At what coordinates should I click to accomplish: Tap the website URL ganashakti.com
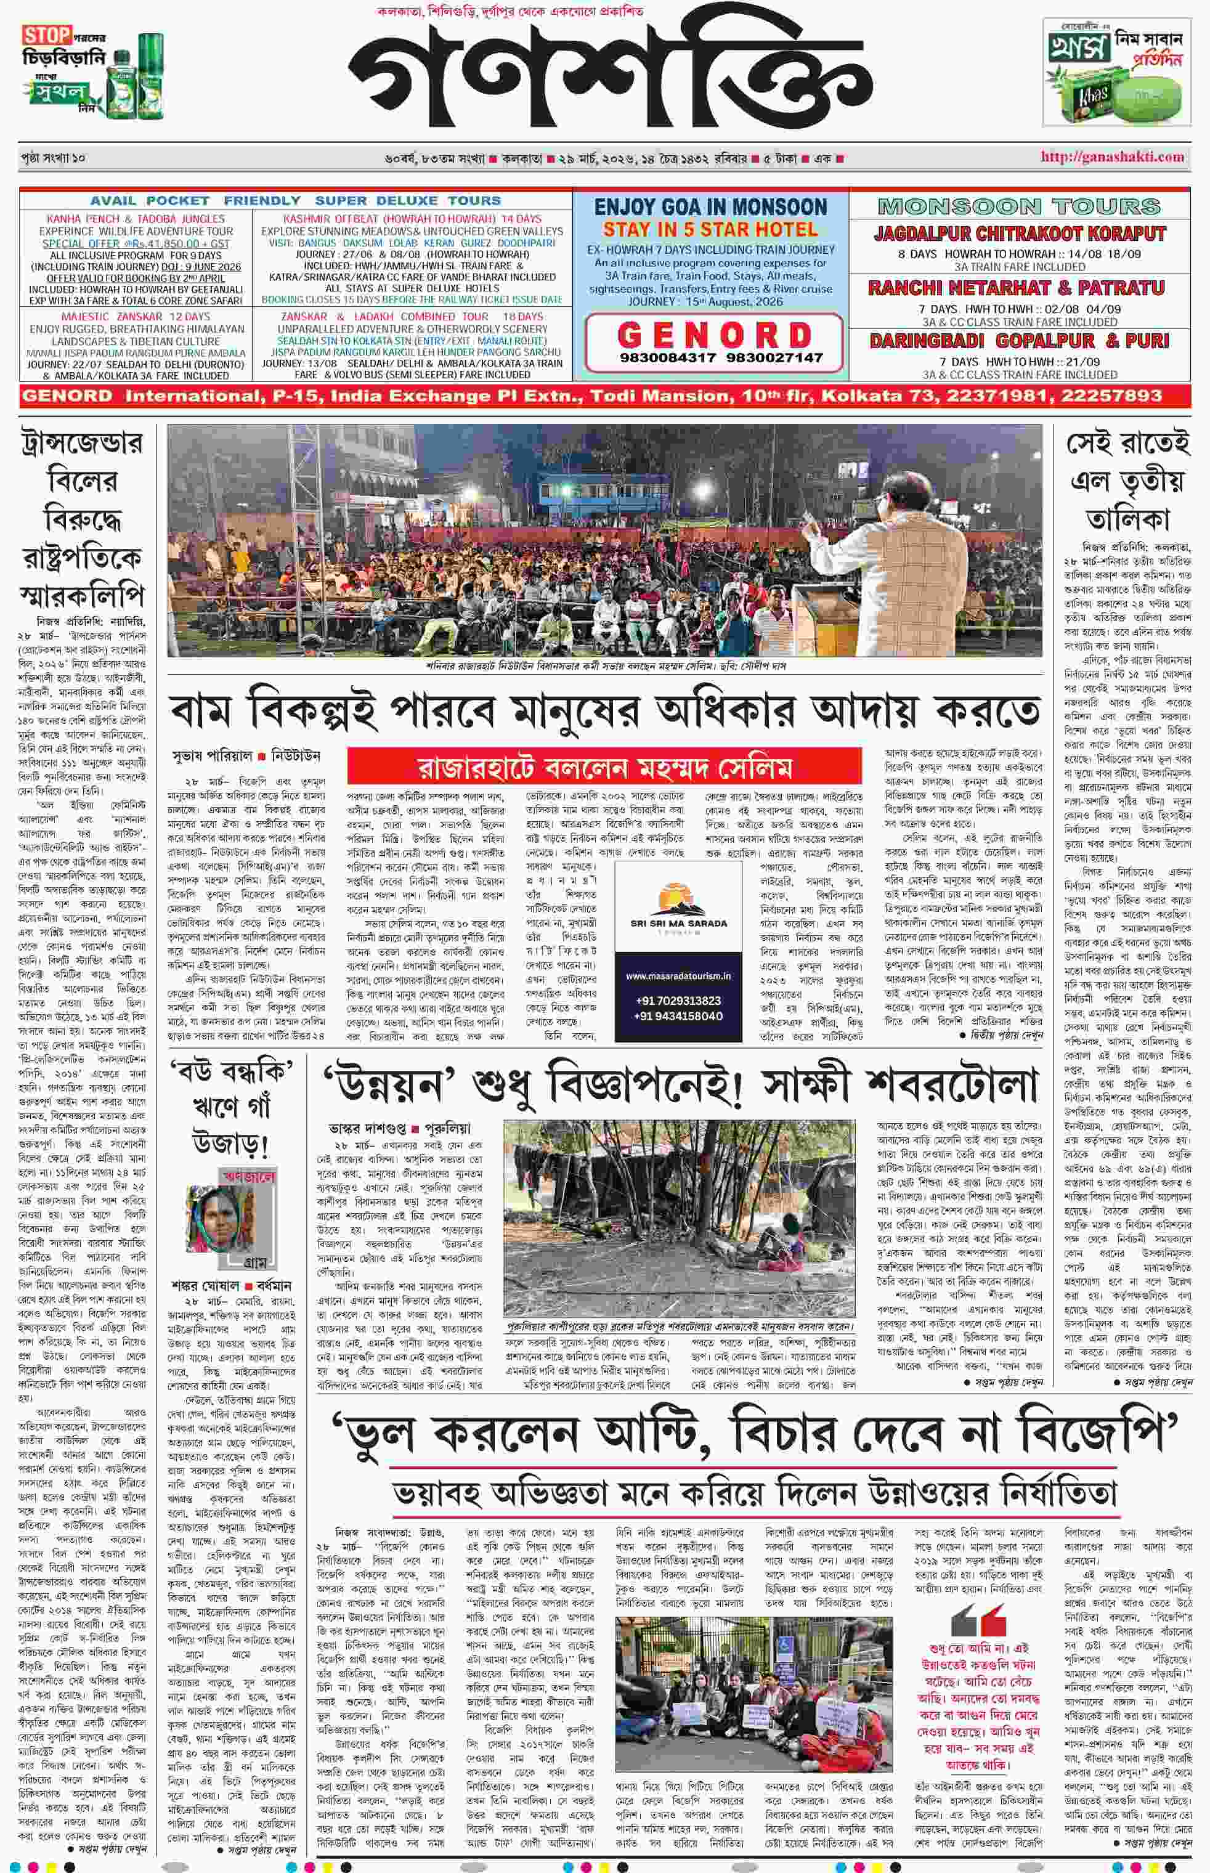coord(1112,156)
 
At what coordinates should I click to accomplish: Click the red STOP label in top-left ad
coord(46,35)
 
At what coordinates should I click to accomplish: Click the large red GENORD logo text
coord(714,335)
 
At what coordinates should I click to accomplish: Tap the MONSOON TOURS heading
coord(1018,206)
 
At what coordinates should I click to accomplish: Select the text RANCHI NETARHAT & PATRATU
coord(1018,288)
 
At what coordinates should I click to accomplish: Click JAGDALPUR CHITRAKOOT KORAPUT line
coord(1019,234)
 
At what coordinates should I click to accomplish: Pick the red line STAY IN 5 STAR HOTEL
coord(710,229)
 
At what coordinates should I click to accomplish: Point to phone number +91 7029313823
coord(678,1000)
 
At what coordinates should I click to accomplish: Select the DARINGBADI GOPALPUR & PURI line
coord(1018,341)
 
